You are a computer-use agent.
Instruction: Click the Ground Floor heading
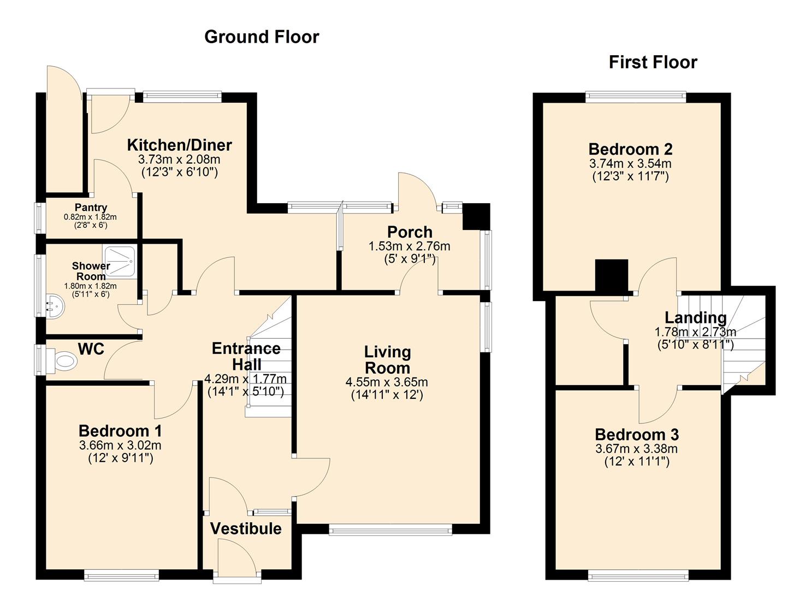pyautogui.click(x=262, y=37)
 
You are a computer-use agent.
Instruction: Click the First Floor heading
pyautogui.click(x=653, y=62)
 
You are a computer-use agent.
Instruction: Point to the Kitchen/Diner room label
pyautogui.click(x=179, y=145)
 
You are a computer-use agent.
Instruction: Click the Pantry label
pyautogui.click(x=91, y=208)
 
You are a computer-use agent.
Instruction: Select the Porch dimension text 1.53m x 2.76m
pyautogui.click(x=410, y=246)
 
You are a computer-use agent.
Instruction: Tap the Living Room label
pyautogui.click(x=387, y=360)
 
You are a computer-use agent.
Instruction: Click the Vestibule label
pyautogui.click(x=246, y=528)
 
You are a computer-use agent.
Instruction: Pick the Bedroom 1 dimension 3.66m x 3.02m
pyautogui.click(x=120, y=446)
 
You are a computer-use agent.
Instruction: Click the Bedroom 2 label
pyautogui.click(x=630, y=149)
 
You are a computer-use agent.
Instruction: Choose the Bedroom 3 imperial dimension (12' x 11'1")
pyautogui.click(x=637, y=462)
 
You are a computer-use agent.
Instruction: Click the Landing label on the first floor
pyautogui.click(x=695, y=317)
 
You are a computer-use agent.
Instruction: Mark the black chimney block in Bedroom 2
pyautogui.click(x=612, y=276)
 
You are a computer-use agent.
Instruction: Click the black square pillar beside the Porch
pyautogui.click(x=475, y=217)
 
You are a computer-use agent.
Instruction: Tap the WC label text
pyautogui.click(x=91, y=349)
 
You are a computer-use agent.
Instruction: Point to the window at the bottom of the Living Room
pyautogui.click(x=390, y=529)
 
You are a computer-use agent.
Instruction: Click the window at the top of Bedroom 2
pyautogui.click(x=636, y=97)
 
